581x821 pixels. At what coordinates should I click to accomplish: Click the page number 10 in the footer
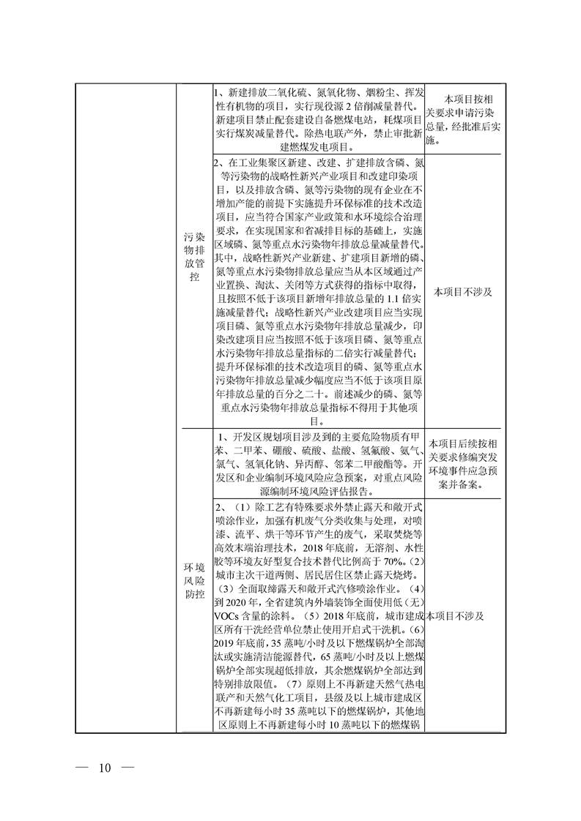(103, 768)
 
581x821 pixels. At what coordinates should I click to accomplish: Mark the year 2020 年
(238, 602)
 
